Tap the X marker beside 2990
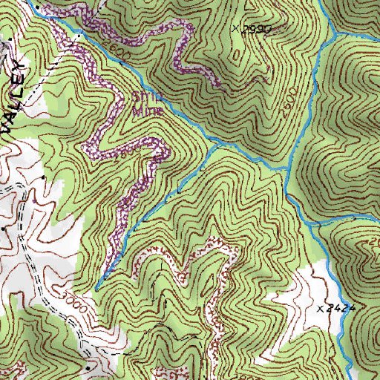click(x=236, y=29)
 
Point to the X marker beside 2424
click(x=321, y=307)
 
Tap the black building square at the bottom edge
click(x=87, y=367)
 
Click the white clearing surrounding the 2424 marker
click(x=304, y=293)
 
